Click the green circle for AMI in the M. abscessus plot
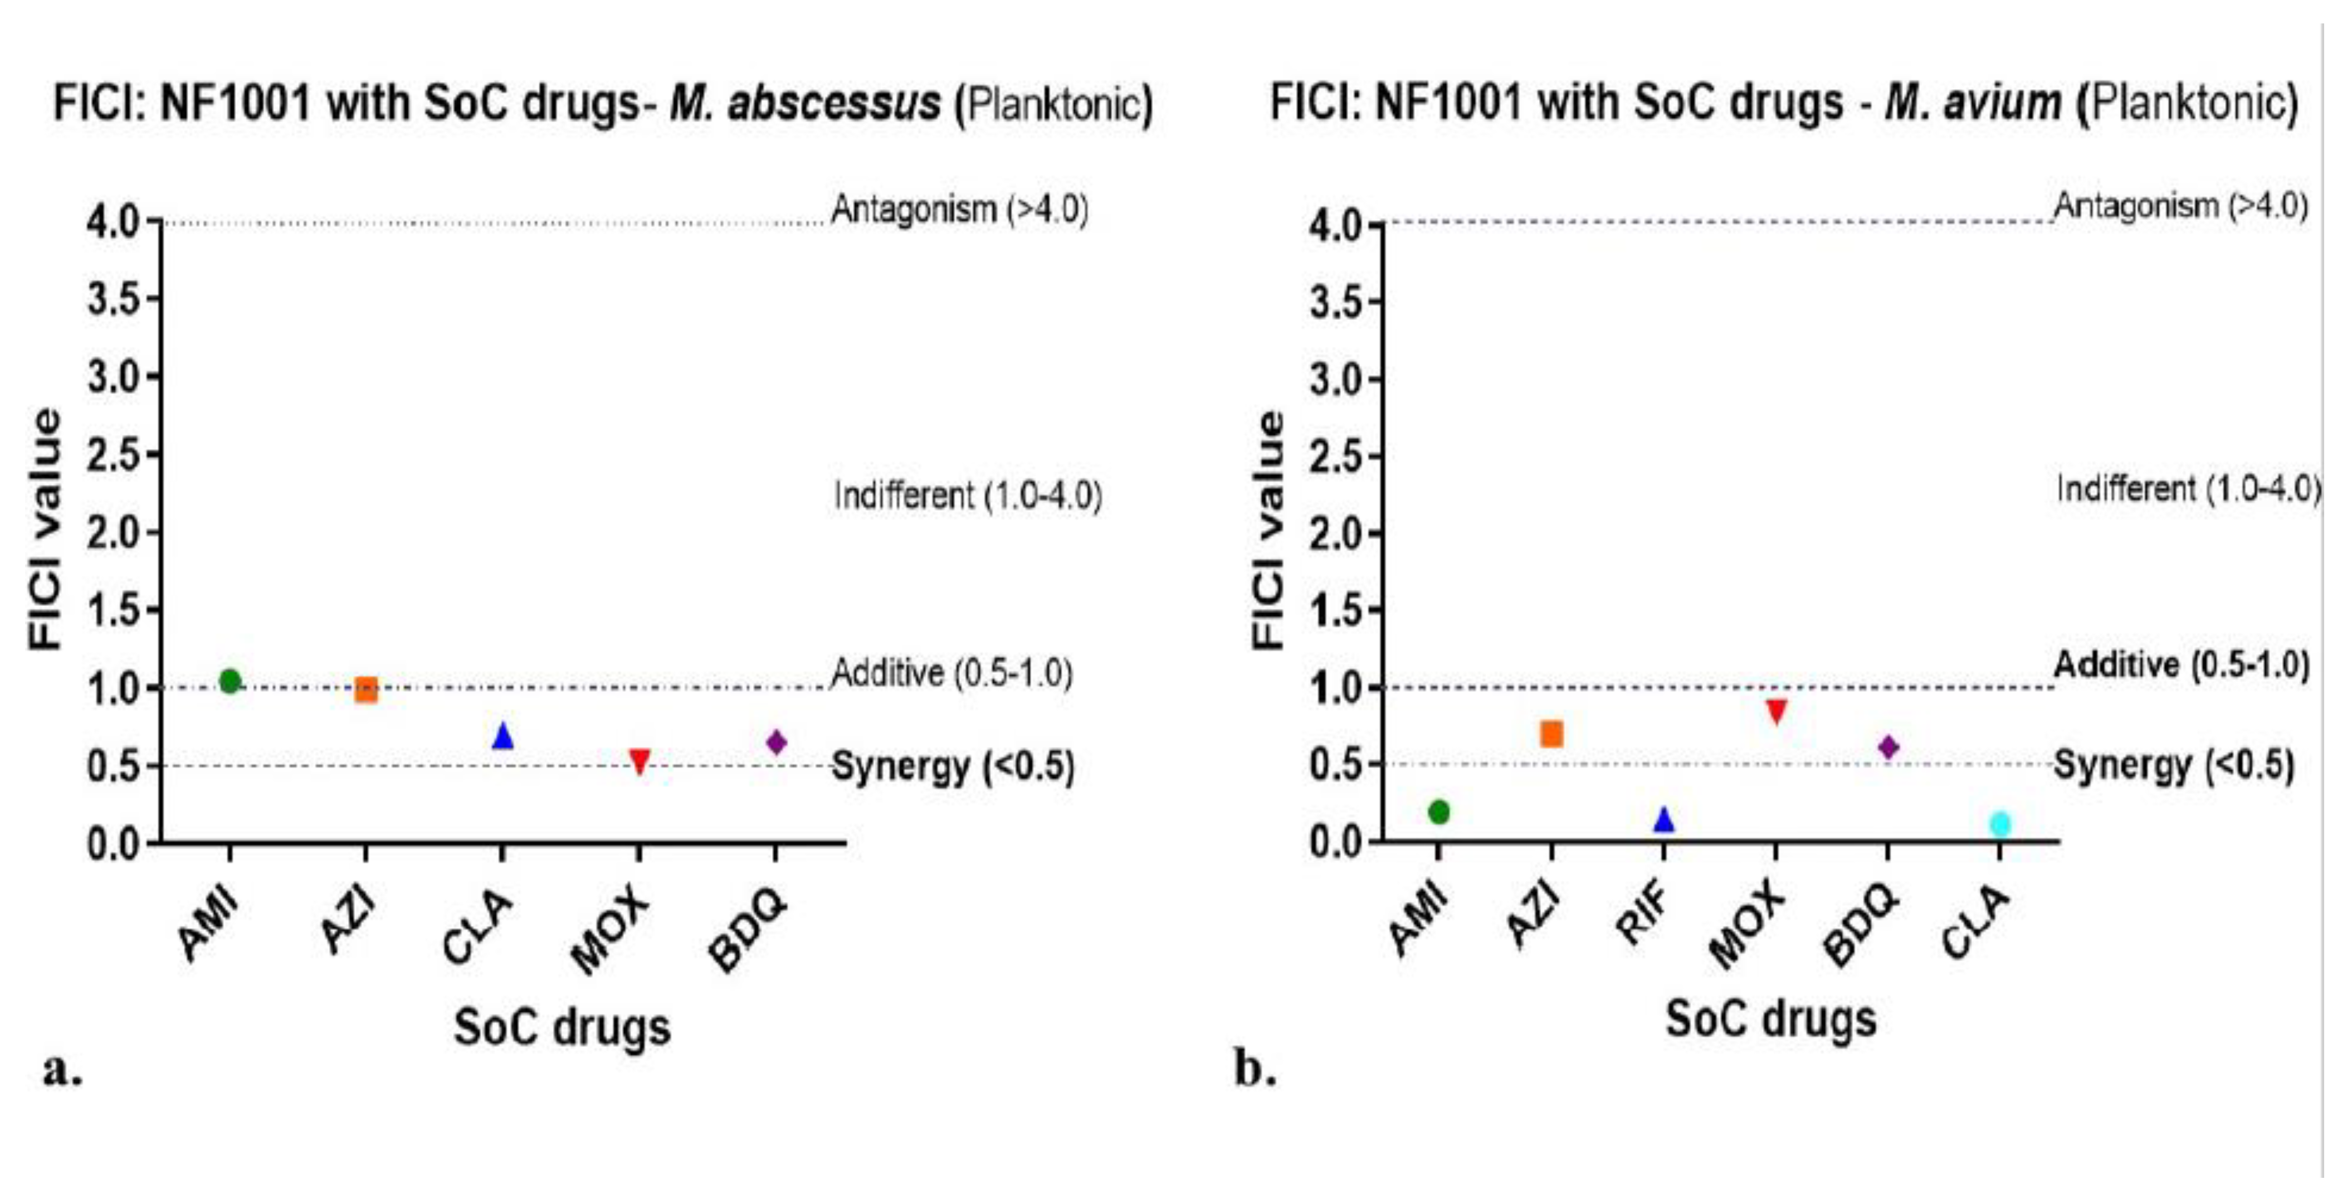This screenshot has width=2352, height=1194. coord(230,681)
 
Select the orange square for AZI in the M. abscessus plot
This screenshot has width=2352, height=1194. coord(366,690)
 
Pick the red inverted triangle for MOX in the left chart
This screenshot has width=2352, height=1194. coord(639,760)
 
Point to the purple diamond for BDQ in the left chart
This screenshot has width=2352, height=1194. coord(776,742)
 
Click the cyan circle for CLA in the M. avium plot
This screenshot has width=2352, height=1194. coord(1999,824)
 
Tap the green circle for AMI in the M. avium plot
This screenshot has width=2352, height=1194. coord(1439,811)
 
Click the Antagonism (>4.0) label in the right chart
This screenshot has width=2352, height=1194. coord(2180,206)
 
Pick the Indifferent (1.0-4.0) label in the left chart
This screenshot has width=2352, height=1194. coord(968,495)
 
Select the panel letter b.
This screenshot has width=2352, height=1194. coord(1255,1067)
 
